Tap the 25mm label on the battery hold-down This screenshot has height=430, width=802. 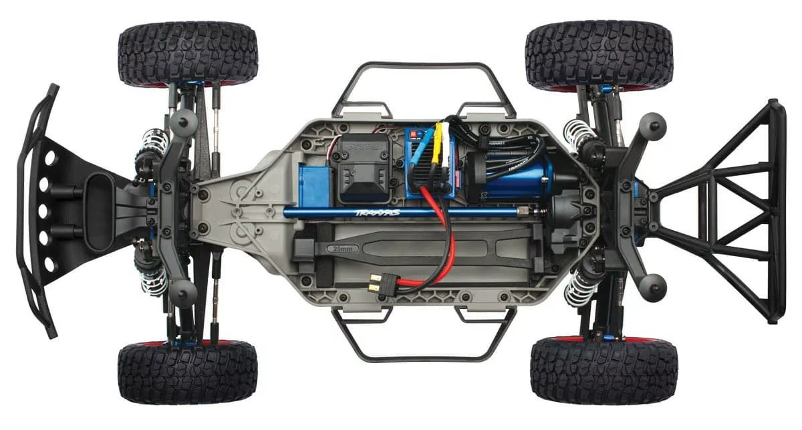click(338, 247)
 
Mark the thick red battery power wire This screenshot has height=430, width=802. click(437, 227)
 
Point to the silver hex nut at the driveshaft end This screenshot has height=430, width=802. click(537, 212)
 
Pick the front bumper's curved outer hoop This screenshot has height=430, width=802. click(27, 211)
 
